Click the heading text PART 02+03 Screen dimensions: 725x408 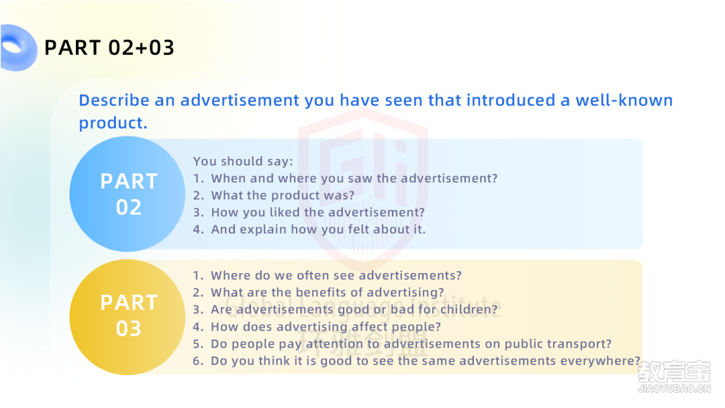click(x=109, y=48)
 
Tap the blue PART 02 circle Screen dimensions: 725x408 click(x=128, y=194)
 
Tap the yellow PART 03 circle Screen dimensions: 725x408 click(x=128, y=317)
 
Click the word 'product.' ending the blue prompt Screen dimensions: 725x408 click(x=113, y=123)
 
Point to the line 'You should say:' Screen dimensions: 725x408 click(x=243, y=161)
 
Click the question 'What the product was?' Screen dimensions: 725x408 click(x=283, y=195)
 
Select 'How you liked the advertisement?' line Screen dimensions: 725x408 click(x=318, y=213)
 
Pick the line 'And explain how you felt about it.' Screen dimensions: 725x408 click(x=318, y=229)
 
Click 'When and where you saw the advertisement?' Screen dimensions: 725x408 click(x=354, y=178)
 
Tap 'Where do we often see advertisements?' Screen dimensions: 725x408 click(x=336, y=275)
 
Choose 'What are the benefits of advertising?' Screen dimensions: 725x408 click(x=328, y=293)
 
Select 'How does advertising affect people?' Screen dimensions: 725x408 click(x=326, y=327)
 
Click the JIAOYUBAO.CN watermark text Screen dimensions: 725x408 click(x=674, y=389)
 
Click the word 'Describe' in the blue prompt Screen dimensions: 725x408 click(x=113, y=100)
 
